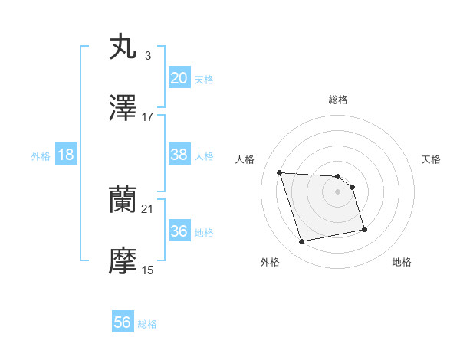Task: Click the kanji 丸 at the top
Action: click(123, 46)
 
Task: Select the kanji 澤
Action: click(123, 109)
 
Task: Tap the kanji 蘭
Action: click(123, 200)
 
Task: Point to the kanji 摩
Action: click(123, 263)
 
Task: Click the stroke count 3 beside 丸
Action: click(148, 55)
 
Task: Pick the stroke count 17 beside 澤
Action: click(148, 117)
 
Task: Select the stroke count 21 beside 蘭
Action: click(148, 208)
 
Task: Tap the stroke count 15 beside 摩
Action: click(148, 270)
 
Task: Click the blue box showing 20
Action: click(179, 77)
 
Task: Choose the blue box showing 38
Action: click(179, 155)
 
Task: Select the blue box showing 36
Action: click(179, 231)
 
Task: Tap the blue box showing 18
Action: click(66, 155)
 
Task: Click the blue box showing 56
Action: click(123, 322)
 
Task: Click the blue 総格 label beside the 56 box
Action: click(148, 324)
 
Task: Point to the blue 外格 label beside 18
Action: click(41, 155)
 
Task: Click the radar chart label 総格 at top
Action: click(338, 100)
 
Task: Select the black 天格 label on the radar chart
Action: click(432, 159)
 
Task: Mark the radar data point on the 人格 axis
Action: click(280, 172)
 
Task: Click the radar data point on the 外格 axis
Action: click(302, 242)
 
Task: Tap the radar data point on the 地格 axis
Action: click(364, 229)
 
